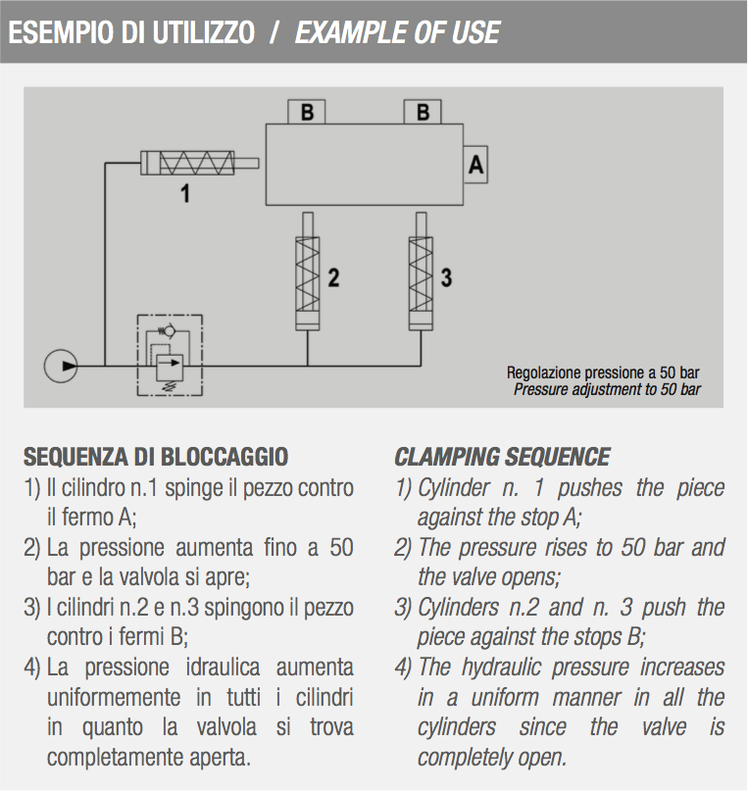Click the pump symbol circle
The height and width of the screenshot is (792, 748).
tap(61, 367)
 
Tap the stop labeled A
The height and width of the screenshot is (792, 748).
tap(475, 165)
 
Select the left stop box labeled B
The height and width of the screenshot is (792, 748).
tap(307, 112)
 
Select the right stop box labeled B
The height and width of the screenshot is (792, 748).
tap(423, 112)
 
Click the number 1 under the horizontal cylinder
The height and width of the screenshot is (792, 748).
tap(185, 193)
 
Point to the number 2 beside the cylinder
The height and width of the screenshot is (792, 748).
tap(333, 277)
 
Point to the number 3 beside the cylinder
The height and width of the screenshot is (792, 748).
tap(446, 277)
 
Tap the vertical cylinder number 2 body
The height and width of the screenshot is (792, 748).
tap(307, 283)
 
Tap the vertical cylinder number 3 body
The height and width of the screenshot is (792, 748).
tap(421, 283)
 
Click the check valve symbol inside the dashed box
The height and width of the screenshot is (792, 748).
tap(168, 331)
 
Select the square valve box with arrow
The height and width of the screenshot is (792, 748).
tap(170, 368)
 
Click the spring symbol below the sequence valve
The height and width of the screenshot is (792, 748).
tap(170, 386)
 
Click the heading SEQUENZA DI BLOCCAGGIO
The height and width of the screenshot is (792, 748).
tap(156, 457)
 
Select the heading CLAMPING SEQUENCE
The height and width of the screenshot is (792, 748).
tap(502, 457)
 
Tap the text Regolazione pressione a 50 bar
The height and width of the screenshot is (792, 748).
tap(603, 372)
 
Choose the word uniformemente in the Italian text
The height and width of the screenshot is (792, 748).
tap(114, 698)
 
